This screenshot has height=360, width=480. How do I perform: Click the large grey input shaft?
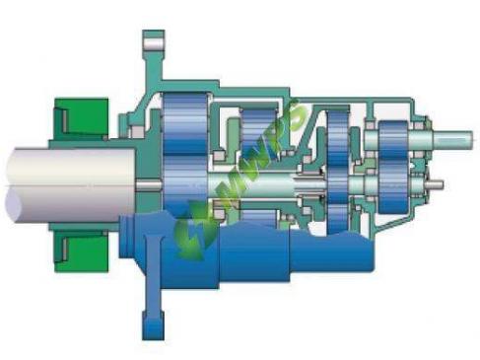[71, 184]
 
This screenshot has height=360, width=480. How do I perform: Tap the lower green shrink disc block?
[81, 251]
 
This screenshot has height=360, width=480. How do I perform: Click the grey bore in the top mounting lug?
[153, 43]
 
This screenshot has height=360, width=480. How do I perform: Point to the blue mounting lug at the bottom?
[153, 325]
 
